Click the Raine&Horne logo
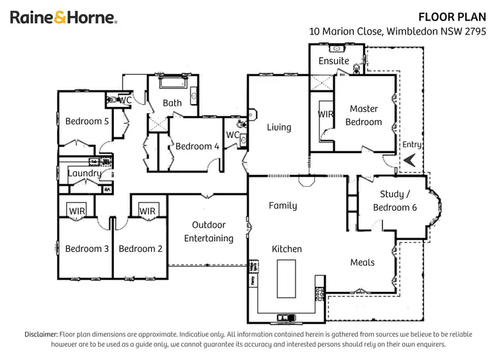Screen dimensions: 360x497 click(x=64, y=18)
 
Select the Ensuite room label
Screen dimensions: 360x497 click(x=333, y=60)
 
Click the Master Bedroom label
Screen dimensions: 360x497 click(x=364, y=115)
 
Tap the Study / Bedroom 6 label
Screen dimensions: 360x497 click(x=395, y=201)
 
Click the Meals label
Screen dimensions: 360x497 click(x=362, y=263)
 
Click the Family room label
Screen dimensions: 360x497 click(x=283, y=206)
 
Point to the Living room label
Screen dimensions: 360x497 click(x=279, y=127)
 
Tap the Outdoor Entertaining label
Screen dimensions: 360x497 click(x=209, y=232)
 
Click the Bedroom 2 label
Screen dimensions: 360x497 click(x=140, y=249)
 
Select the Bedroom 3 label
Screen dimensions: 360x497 click(x=87, y=249)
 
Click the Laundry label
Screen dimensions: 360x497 click(x=84, y=174)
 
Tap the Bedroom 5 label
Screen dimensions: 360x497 click(x=87, y=121)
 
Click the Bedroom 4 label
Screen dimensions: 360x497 click(x=197, y=147)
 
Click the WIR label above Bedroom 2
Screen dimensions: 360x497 click(x=147, y=211)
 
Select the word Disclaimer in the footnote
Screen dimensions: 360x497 click(x=41, y=334)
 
